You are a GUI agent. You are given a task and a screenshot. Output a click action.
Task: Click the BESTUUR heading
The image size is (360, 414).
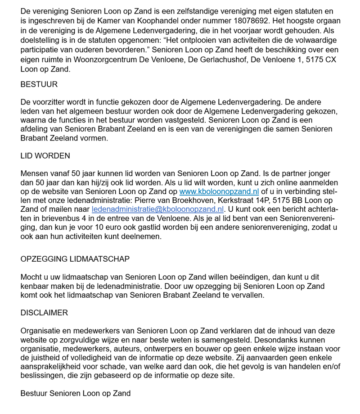point(39,85)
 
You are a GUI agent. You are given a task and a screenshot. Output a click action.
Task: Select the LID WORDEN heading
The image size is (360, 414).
point(45,156)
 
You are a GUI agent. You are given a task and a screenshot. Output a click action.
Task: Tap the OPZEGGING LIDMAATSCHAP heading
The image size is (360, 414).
point(75,259)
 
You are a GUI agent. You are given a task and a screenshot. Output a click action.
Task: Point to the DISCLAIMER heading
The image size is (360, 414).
point(44,313)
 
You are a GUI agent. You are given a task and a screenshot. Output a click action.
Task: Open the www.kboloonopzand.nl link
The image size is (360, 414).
point(219,191)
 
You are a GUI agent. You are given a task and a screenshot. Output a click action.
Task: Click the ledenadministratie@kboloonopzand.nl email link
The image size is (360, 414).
point(157,209)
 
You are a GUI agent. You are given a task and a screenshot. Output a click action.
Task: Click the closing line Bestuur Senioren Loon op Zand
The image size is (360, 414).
point(76,393)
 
